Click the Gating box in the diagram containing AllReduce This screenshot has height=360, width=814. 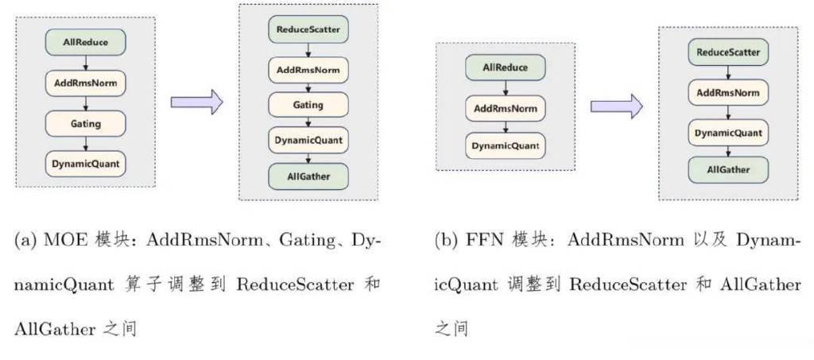[x=86, y=123]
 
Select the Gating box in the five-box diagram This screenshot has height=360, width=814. [x=308, y=105]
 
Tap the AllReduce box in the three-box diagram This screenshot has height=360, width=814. [x=505, y=68]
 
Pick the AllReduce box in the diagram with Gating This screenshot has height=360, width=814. [x=86, y=42]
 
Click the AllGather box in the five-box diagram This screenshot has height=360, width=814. [x=308, y=176]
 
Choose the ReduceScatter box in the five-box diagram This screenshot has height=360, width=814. [x=308, y=29]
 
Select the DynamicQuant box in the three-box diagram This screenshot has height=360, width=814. [x=505, y=145]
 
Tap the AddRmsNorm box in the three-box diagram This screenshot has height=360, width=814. [x=505, y=108]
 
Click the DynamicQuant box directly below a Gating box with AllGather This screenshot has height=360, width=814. [x=308, y=140]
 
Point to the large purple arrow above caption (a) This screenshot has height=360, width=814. [x=197, y=102]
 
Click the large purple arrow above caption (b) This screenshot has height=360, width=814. [x=617, y=106]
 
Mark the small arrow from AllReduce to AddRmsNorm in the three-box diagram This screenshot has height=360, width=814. [x=506, y=87]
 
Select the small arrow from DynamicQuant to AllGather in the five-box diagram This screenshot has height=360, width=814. [x=308, y=158]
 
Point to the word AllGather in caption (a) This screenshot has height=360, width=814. [x=55, y=329]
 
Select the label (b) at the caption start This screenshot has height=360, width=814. [x=446, y=240]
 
